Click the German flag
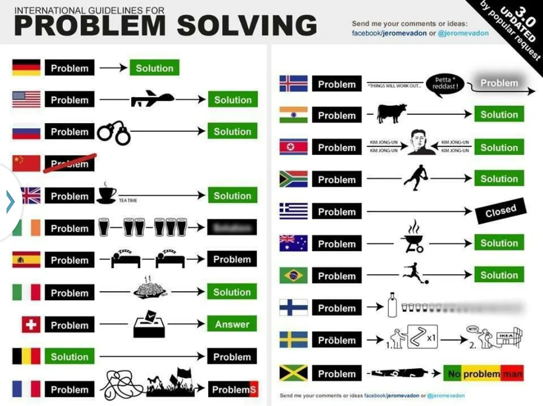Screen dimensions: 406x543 [27, 68]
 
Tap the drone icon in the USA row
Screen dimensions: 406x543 [152, 100]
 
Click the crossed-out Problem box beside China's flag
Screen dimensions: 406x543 [69, 164]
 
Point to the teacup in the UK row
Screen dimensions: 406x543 [107, 193]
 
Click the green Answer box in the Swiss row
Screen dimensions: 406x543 [232, 324]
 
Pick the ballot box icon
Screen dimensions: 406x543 [150, 324]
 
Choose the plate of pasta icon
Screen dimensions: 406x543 [150, 290]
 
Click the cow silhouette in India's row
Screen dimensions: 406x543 [392, 113]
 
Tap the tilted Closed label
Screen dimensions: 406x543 [500, 210]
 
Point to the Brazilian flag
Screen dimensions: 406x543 [294, 276]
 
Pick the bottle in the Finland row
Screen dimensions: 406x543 [393, 306]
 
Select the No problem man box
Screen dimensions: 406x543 [483, 374]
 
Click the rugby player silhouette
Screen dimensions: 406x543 [416, 178]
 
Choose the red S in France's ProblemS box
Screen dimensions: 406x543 [253, 389]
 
